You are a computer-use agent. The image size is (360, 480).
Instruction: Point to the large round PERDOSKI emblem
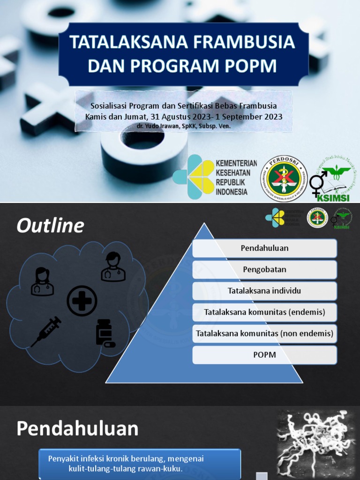coord(284,176)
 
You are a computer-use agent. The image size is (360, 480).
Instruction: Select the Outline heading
coord(50,226)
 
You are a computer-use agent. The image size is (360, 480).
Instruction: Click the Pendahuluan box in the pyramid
coord(264,248)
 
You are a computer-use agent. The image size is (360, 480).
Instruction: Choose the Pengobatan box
coord(264,270)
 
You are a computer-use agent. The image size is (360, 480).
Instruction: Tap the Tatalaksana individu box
coord(264,291)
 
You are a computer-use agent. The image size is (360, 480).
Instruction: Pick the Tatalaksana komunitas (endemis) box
coord(264,312)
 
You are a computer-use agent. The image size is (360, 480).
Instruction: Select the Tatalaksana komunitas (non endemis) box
coord(264,334)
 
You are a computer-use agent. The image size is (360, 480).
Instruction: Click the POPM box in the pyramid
coord(264,355)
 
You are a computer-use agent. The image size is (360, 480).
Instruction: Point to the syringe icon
coord(46,331)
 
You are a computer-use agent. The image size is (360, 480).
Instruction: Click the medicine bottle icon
coord(105,333)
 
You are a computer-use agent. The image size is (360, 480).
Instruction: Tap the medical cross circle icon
coord(82,301)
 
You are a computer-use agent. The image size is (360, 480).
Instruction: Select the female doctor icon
coord(42,281)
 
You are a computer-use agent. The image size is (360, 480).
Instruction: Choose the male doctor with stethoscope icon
coord(113,267)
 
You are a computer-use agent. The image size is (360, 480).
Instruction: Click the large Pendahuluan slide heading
coord(78,428)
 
